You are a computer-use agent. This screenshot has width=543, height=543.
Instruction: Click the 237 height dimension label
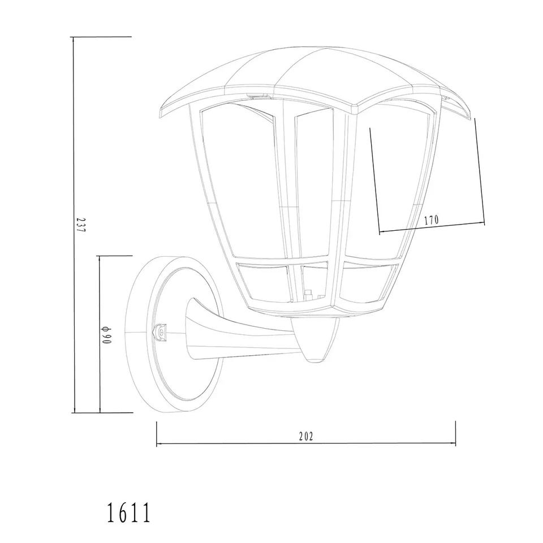[80, 225]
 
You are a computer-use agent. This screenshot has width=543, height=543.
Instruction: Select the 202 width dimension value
[306, 437]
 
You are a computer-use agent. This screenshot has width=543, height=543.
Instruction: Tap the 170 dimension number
[432, 219]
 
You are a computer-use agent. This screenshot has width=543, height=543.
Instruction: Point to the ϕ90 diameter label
[106, 335]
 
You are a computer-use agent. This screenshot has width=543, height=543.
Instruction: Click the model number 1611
[128, 513]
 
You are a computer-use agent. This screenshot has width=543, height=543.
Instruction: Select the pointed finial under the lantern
[314, 341]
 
